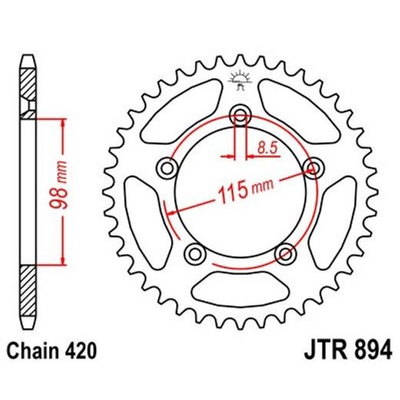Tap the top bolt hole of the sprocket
(x=241, y=117)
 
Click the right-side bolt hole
(x=312, y=168)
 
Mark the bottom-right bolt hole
(x=285, y=252)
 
